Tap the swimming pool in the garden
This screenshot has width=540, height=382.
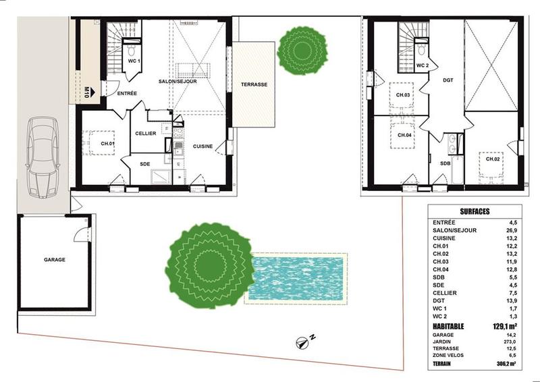pyautogui.click(x=296, y=279)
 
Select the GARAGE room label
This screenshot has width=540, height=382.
pyautogui.click(x=55, y=259)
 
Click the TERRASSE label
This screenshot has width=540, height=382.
pyautogui.click(x=254, y=85)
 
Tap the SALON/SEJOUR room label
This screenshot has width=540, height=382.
pyautogui.click(x=178, y=81)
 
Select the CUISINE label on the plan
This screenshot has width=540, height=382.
pyautogui.click(x=203, y=146)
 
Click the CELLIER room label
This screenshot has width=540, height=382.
pyautogui.click(x=145, y=134)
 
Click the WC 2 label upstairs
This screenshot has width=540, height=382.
pyautogui.click(x=423, y=65)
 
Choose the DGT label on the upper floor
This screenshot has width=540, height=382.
pyautogui.click(x=447, y=80)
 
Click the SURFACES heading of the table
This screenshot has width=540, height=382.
pyautogui.click(x=475, y=211)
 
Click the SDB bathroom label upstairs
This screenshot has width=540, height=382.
pyautogui.click(x=446, y=164)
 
